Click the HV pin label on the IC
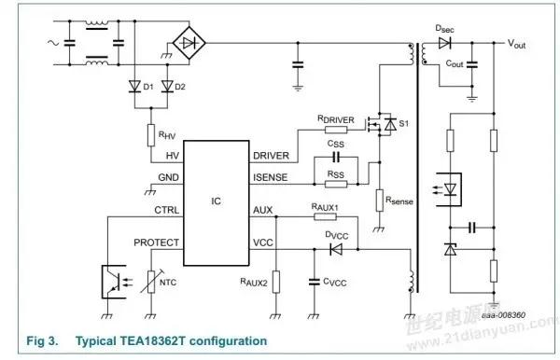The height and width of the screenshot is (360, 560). tap(172, 155)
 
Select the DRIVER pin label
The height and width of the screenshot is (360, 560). tap(272, 155)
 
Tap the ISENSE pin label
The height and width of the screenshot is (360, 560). tap(272, 177)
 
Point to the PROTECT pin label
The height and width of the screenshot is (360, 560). tap(158, 242)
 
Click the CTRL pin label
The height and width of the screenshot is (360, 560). tap(167, 210)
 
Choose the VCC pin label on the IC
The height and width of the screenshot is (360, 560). tap(264, 242)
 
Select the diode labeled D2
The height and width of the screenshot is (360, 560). tap(168, 87)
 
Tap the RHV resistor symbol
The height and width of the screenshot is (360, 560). tap(151, 135)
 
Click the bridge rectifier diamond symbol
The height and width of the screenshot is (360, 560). tap(191, 42)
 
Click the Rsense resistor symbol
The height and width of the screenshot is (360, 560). tap(379, 200)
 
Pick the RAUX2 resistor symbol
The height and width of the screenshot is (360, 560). tap(276, 279)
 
